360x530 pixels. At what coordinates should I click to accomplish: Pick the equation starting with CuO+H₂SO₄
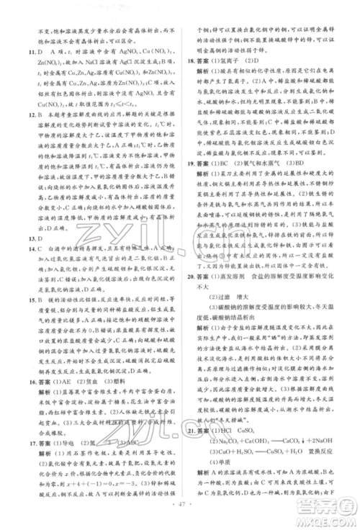pyautogui.click(x=266, y=466)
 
